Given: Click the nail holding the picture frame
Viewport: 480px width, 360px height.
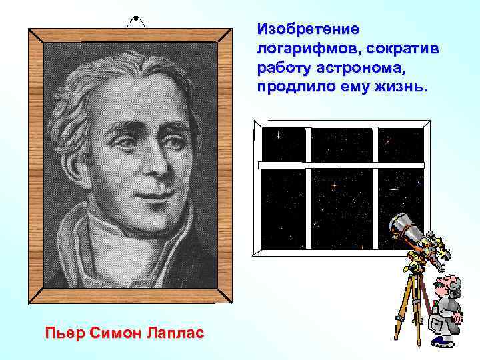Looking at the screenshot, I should coord(135,17).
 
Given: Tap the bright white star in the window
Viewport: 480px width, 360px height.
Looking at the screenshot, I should coord(278,135).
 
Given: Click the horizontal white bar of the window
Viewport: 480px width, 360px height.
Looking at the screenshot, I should coord(340,164).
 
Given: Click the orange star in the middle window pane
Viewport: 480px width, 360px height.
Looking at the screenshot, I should coord(333,184).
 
